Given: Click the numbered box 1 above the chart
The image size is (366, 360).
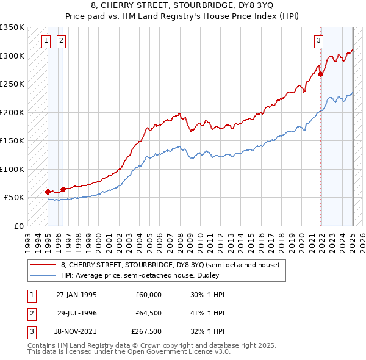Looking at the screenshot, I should point(47,41).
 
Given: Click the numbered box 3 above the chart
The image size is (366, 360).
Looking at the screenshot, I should point(318,41).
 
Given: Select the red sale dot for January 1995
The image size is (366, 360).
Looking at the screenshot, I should point(48,192).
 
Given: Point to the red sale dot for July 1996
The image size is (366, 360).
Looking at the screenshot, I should point(63,189).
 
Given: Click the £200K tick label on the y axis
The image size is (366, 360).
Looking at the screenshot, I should point(12,112).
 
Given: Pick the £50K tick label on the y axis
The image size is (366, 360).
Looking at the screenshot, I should point(15,198).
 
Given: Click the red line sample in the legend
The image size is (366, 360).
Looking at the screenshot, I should point(42,265).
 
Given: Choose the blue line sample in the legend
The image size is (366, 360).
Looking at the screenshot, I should point(42,275).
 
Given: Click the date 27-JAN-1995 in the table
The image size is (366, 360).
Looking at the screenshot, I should point(76,295).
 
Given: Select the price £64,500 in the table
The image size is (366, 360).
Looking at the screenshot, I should point(148,313).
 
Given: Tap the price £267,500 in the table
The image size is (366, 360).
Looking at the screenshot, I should point(146,331).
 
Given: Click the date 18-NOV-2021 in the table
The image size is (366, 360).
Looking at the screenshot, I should point(76,331).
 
